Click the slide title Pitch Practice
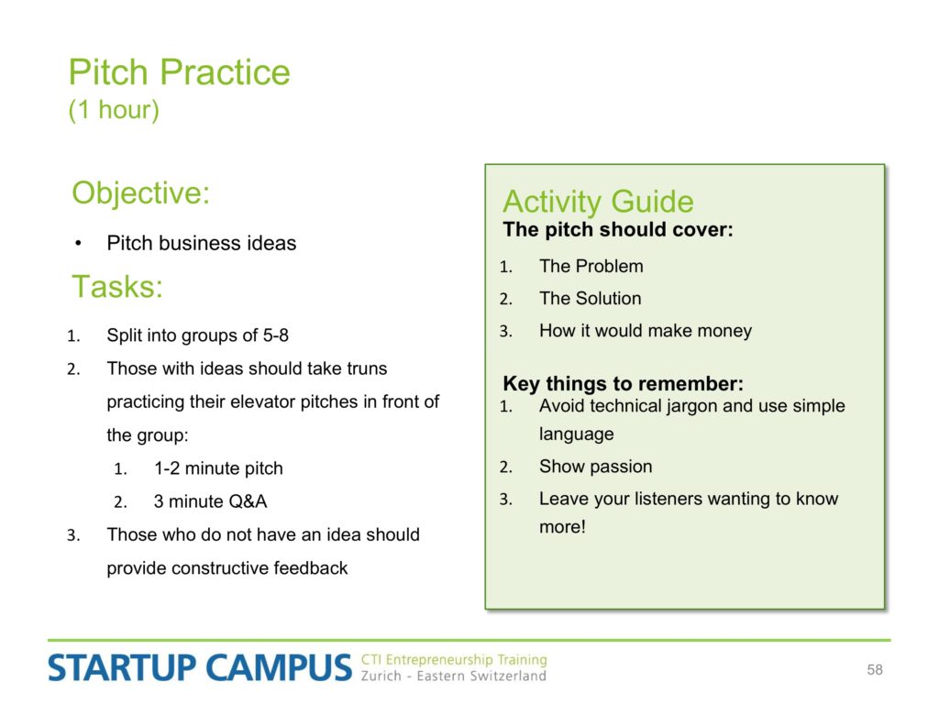179,72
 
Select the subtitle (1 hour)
114,110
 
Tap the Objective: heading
140,193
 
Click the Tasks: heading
117,286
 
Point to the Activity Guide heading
598,201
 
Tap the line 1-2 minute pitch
218,468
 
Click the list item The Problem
591,266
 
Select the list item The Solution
590,298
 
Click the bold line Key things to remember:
623,383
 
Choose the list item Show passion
595,467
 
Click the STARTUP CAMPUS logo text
199,667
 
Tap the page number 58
874,670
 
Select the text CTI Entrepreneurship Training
454,660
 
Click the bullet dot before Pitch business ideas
79,244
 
